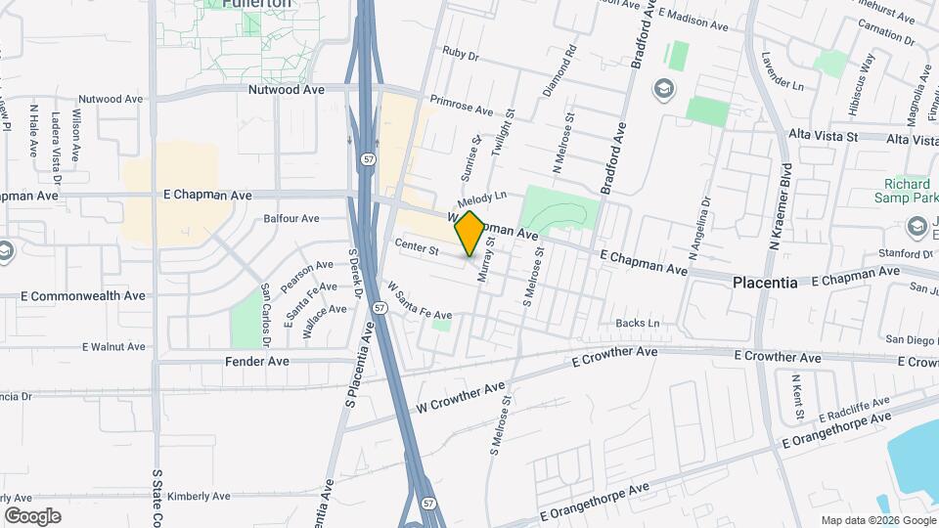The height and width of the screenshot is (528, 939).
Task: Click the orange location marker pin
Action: pyautogui.click(x=469, y=233)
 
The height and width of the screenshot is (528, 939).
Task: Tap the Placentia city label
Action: pyautogui.click(x=765, y=282)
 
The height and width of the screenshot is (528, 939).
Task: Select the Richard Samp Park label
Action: pyautogui.click(x=907, y=191)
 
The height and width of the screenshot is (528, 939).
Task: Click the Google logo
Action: pyautogui.click(x=32, y=515)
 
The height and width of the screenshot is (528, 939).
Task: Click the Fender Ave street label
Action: pyautogui.click(x=257, y=361)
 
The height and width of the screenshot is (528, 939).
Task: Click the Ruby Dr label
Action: pyautogui.click(x=460, y=55)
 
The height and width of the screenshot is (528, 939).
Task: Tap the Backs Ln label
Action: pyautogui.click(x=638, y=323)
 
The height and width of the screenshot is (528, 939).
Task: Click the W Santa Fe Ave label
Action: pyautogui.click(x=420, y=301)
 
